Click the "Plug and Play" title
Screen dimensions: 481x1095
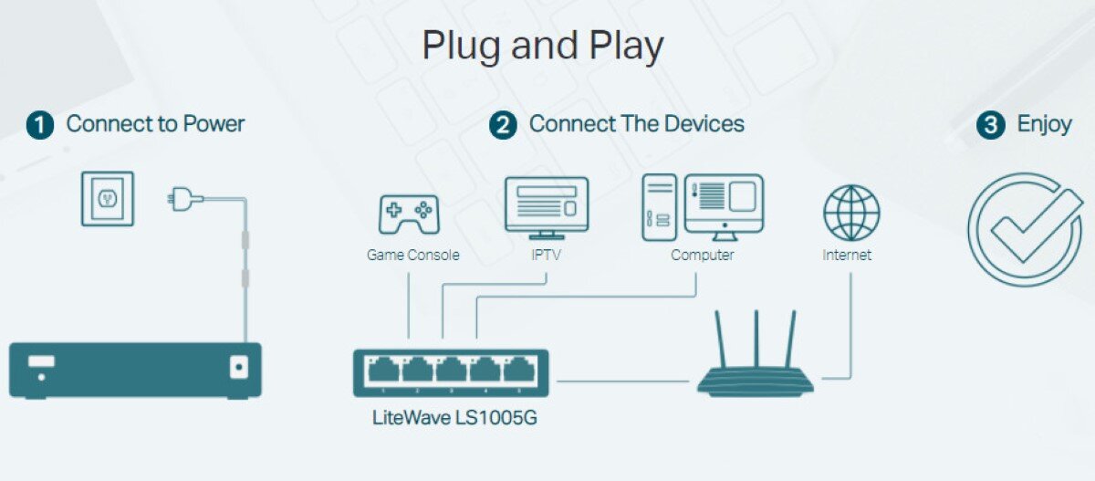542,46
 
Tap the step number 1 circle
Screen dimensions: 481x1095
40,125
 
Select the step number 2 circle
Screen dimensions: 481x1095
503,125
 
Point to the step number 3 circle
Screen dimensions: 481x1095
991,125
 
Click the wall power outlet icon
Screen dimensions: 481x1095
107,198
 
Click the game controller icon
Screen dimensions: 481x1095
409,214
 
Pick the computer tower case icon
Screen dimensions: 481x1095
659,207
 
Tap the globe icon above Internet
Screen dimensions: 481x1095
850,213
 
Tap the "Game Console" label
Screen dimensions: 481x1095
412,256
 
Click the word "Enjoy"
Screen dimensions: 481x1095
1044,124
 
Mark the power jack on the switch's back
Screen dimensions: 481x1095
239,368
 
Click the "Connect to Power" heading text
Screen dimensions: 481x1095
156,124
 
